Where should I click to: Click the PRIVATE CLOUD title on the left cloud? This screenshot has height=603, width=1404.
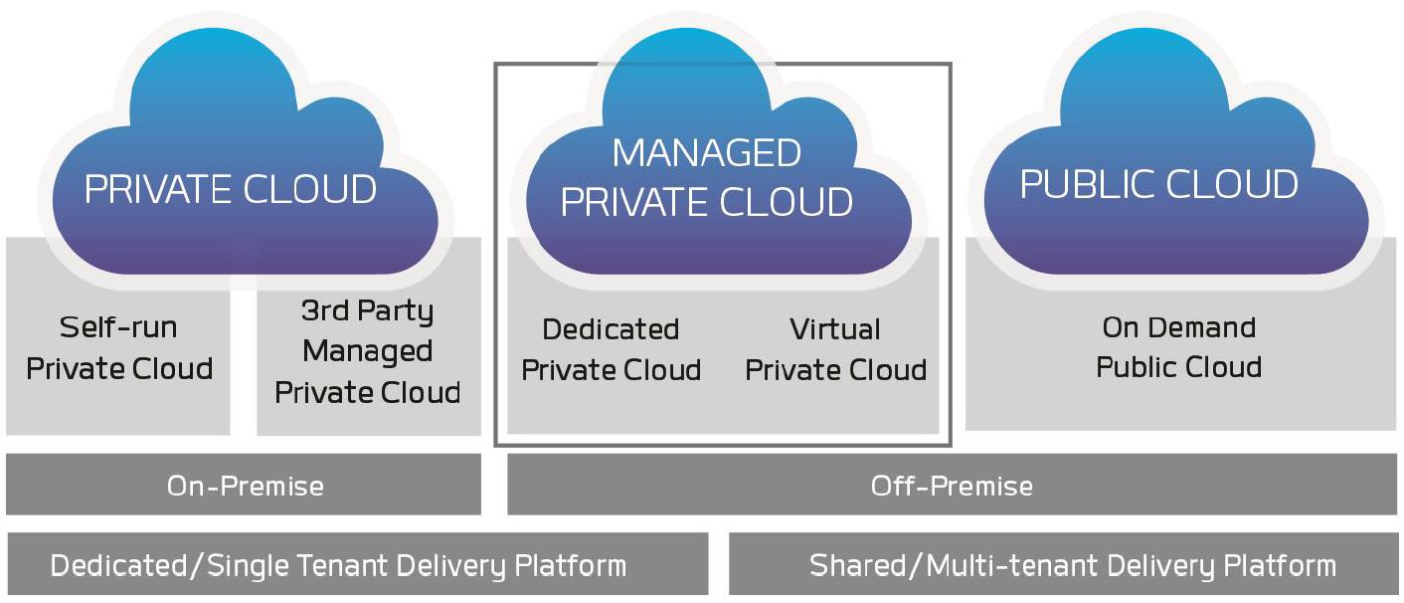(231, 189)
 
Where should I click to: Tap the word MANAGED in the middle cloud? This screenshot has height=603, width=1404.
(706, 153)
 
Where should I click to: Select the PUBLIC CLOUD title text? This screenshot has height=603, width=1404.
(1158, 184)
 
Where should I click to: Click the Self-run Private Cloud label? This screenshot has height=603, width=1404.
(119, 348)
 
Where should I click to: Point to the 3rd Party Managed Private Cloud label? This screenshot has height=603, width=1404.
(368, 351)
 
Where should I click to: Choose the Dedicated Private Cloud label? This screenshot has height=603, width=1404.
(611, 349)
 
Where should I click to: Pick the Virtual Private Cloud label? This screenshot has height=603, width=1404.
(835, 349)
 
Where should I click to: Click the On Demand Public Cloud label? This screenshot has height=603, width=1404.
(1178, 347)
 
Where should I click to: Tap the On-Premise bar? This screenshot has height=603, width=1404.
(245, 486)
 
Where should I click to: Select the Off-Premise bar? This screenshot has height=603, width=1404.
(952, 486)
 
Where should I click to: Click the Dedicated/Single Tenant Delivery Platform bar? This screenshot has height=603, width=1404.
(338, 565)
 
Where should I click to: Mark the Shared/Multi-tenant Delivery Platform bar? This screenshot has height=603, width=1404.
(1072, 565)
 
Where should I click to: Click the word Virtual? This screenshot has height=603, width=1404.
(835, 328)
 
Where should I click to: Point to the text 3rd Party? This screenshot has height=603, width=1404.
(368, 311)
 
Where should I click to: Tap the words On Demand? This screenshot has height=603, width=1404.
(1178, 327)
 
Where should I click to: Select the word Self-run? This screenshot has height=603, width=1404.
(118, 327)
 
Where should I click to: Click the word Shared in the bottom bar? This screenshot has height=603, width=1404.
(862, 565)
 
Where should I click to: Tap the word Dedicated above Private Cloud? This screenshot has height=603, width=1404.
(611, 329)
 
